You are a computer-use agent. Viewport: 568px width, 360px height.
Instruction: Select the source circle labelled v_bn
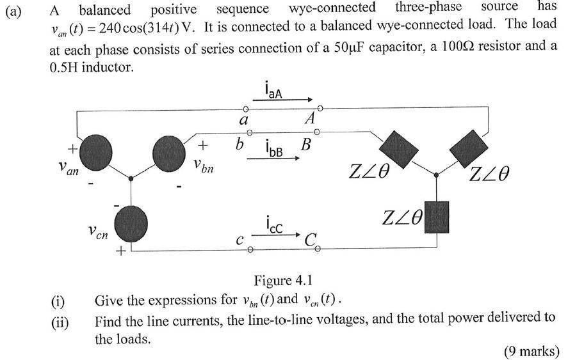[x=168, y=151]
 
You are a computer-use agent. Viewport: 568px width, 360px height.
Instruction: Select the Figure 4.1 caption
[x=283, y=281]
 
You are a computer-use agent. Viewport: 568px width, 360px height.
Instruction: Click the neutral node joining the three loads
[x=437, y=174]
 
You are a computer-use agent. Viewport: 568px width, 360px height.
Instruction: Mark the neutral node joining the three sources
[x=131, y=179]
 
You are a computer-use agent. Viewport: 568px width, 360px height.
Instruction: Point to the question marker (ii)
[x=59, y=323]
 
